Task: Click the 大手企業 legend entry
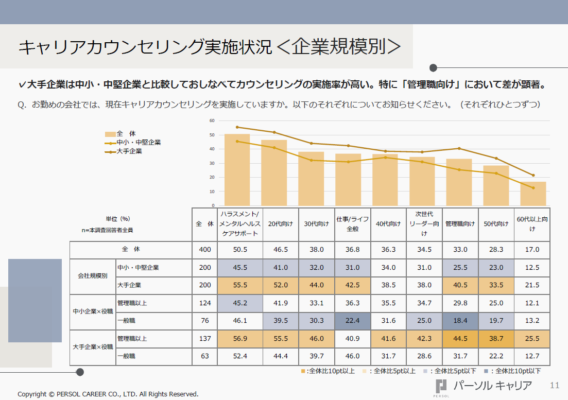(x=129, y=151)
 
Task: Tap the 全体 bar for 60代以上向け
(x=533, y=194)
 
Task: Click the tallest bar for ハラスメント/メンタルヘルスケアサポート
(x=237, y=170)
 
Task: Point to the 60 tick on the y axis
(x=212, y=120)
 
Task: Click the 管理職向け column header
(x=460, y=224)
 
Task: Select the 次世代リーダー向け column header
(x=424, y=224)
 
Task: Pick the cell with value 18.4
(x=460, y=321)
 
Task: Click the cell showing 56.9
(x=240, y=339)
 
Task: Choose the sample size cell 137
(x=205, y=339)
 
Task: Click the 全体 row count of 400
(x=205, y=249)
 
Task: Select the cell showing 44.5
(x=460, y=339)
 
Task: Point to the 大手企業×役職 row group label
(x=93, y=347)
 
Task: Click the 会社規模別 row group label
(x=93, y=276)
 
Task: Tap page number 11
(x=554, y=385)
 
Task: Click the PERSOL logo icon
(x=441, y=387)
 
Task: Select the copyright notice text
(x=108, y=394)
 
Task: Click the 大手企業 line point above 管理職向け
(x=459, y=148)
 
